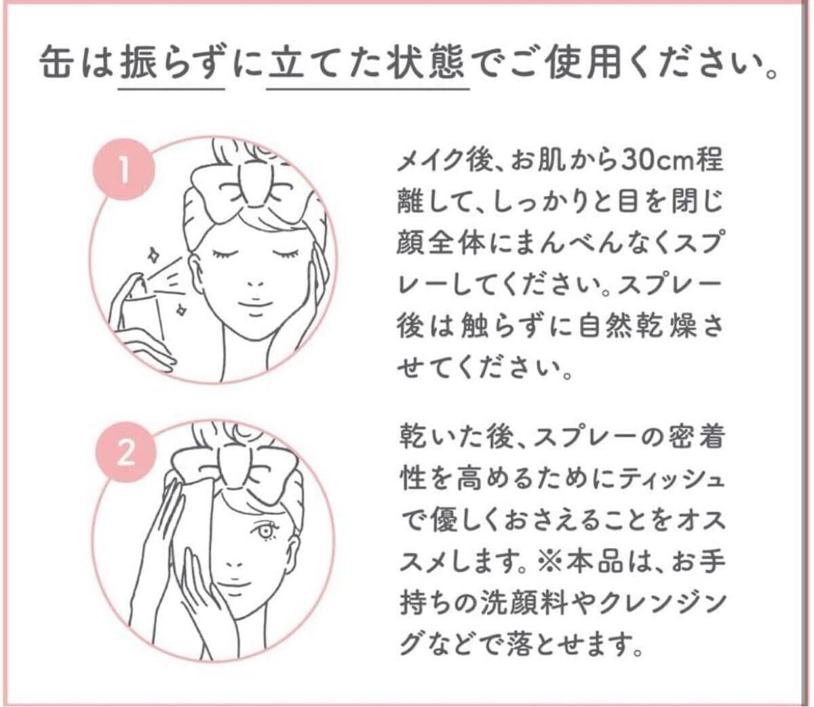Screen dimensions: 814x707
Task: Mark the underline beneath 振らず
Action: pyautogui.click(x=172, y=88)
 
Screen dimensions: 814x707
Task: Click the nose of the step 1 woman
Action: pyautogui.click(x=254, y=284)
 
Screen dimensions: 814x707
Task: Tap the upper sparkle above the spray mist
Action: pyautogui.click(x=151, y=254)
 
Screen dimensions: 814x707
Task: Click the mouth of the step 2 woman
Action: pyautogui.click(x=234, y=582)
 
